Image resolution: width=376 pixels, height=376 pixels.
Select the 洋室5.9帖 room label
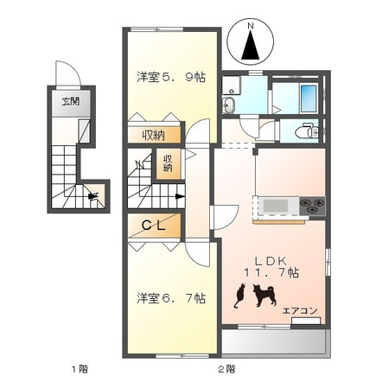click(x=170, y=77)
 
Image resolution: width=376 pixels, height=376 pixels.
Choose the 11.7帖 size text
click(x=270, y=272)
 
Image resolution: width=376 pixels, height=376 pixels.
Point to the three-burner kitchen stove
click(x=311, y=206)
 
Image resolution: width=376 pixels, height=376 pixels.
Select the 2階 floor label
click(x=226, y=368)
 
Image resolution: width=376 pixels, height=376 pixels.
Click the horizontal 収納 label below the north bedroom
click(x=155, y=135)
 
